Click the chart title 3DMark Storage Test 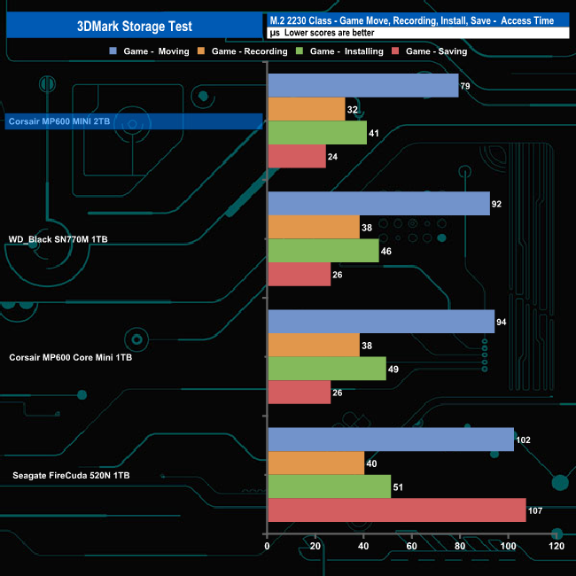click(x=132, y=26)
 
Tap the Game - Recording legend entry click(x=245, y=51)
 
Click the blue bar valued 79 click(x=362, y=86)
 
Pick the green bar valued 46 click(x=323, y=251)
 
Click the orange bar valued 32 click(x=306, y=109)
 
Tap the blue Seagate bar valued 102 click(x=390, y=440)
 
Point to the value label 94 click(x=502, y=322)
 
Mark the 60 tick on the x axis click(x=412, y=547)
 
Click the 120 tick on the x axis click(x=556, y=547)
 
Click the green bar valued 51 click(x=329, y=486)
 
